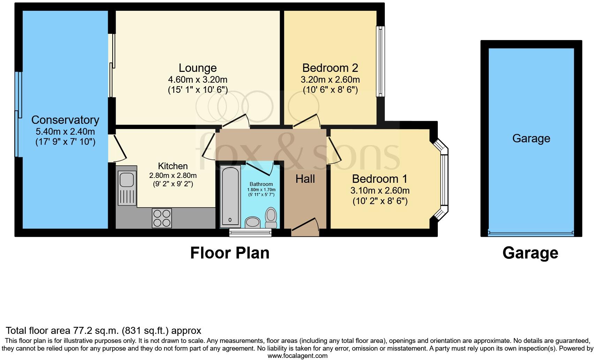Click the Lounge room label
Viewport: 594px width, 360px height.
pyautogui.click(x=198, y=68)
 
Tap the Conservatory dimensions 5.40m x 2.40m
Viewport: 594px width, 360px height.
pyautogui.click(x=65, y=132)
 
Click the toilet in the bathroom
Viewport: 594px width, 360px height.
pyautogui.click(x=271, y=215)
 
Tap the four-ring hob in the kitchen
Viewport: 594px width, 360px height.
pyautogui.click(x=162, y=218)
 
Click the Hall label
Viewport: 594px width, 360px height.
pyautogui.click(x=305, y=179)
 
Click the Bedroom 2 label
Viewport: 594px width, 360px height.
pyautogui.click(x=330, y=68)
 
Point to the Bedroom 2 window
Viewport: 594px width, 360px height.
pyautogui.click(x=380, y=61)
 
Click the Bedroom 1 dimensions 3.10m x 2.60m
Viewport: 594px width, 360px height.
pyautogui.click(x=380, y=190)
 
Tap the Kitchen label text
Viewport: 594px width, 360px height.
pyautogui.click(x=173, y=166)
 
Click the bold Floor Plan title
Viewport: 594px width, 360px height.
pyautogui.click(x=230, y=253)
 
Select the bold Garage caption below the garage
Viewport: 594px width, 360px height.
pyautogui.click(x=530, y=253)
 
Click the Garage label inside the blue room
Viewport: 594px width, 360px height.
pyautogui.click(x=531, y=138)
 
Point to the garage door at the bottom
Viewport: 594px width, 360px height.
pyautogui.click(x=531, y=233)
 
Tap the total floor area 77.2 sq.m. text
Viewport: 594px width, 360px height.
pyautogui.click(x=104, y=330)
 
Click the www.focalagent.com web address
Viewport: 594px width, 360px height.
pyautogui.click(x=297, y=356)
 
